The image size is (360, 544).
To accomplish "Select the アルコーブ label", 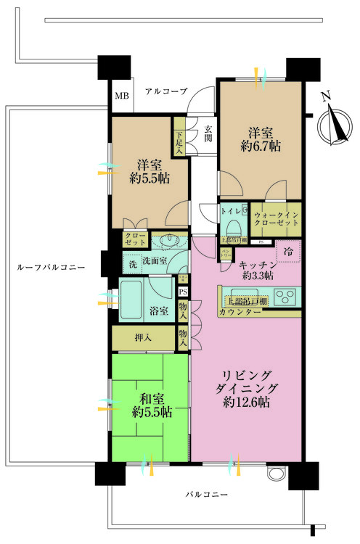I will (165, 91).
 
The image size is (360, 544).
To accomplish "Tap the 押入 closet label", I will (144, 337).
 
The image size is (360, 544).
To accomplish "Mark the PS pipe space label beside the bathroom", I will (183, 292).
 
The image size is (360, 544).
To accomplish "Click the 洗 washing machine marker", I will (132, 265).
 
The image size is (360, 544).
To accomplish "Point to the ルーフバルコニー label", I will (51, 268).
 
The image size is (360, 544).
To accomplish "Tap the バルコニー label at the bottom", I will (206, 494).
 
